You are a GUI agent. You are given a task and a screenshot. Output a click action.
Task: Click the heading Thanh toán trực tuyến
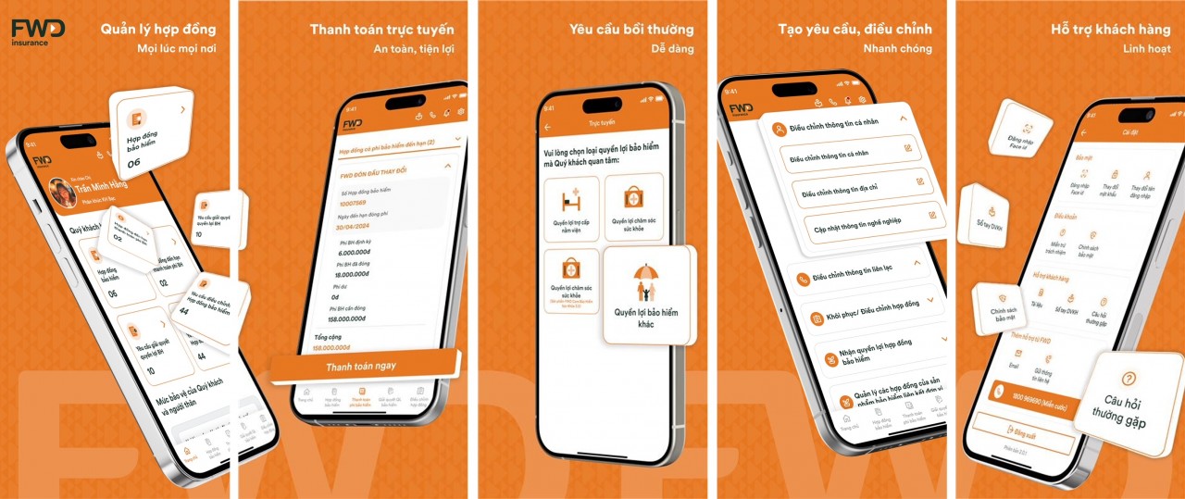tap(381, 29)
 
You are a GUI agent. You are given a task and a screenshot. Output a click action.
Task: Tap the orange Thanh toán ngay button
tap(361, 366)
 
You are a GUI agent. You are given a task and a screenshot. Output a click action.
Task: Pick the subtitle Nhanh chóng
tap(897, 48)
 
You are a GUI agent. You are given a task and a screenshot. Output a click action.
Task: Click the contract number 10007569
tap(352, 203)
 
